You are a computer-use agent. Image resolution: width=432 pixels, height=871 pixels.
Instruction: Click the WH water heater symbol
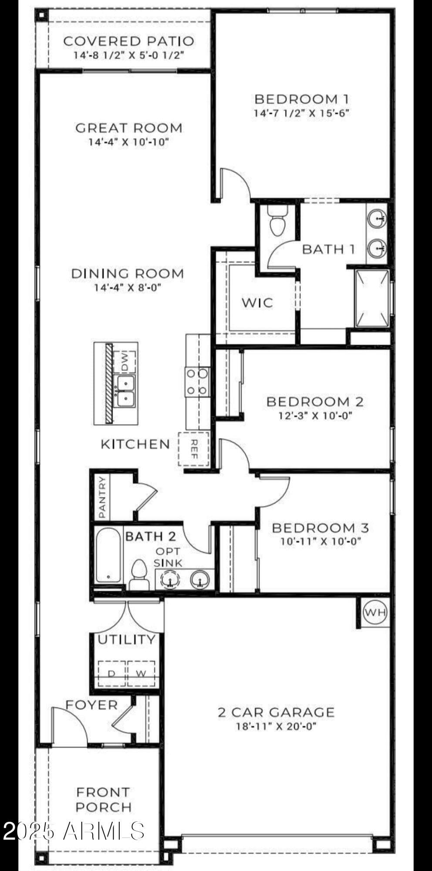375,612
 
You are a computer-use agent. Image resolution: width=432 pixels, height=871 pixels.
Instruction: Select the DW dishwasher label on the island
125,362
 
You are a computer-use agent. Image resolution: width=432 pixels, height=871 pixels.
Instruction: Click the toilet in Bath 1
277,221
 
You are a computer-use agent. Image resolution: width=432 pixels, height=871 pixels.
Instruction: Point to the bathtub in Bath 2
108,555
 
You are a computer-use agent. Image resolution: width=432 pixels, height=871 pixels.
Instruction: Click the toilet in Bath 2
139,574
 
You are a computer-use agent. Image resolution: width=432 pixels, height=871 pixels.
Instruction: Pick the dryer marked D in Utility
111,673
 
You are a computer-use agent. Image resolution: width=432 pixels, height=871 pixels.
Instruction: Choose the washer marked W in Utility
141,673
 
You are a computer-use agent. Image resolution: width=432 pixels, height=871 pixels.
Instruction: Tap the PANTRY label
102,497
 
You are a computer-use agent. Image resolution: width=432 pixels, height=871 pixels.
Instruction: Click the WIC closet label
257,302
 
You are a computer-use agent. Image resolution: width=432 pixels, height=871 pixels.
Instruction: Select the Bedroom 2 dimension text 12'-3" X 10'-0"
315,415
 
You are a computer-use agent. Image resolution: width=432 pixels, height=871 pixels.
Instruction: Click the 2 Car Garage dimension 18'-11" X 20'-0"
276,726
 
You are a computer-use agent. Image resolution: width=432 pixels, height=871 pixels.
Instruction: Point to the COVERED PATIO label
128,41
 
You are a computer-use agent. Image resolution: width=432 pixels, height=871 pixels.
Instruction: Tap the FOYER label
91,705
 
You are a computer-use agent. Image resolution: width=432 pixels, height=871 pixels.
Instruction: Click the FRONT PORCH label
103,799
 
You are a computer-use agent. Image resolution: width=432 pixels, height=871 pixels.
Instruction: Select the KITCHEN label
135,444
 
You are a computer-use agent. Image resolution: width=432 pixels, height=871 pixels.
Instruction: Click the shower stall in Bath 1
371,298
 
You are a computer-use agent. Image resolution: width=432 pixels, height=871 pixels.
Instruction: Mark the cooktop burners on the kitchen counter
197,382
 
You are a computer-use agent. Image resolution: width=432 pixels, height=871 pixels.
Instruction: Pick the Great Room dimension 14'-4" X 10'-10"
128,142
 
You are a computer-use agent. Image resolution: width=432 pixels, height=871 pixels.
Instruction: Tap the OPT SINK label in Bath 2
168,557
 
